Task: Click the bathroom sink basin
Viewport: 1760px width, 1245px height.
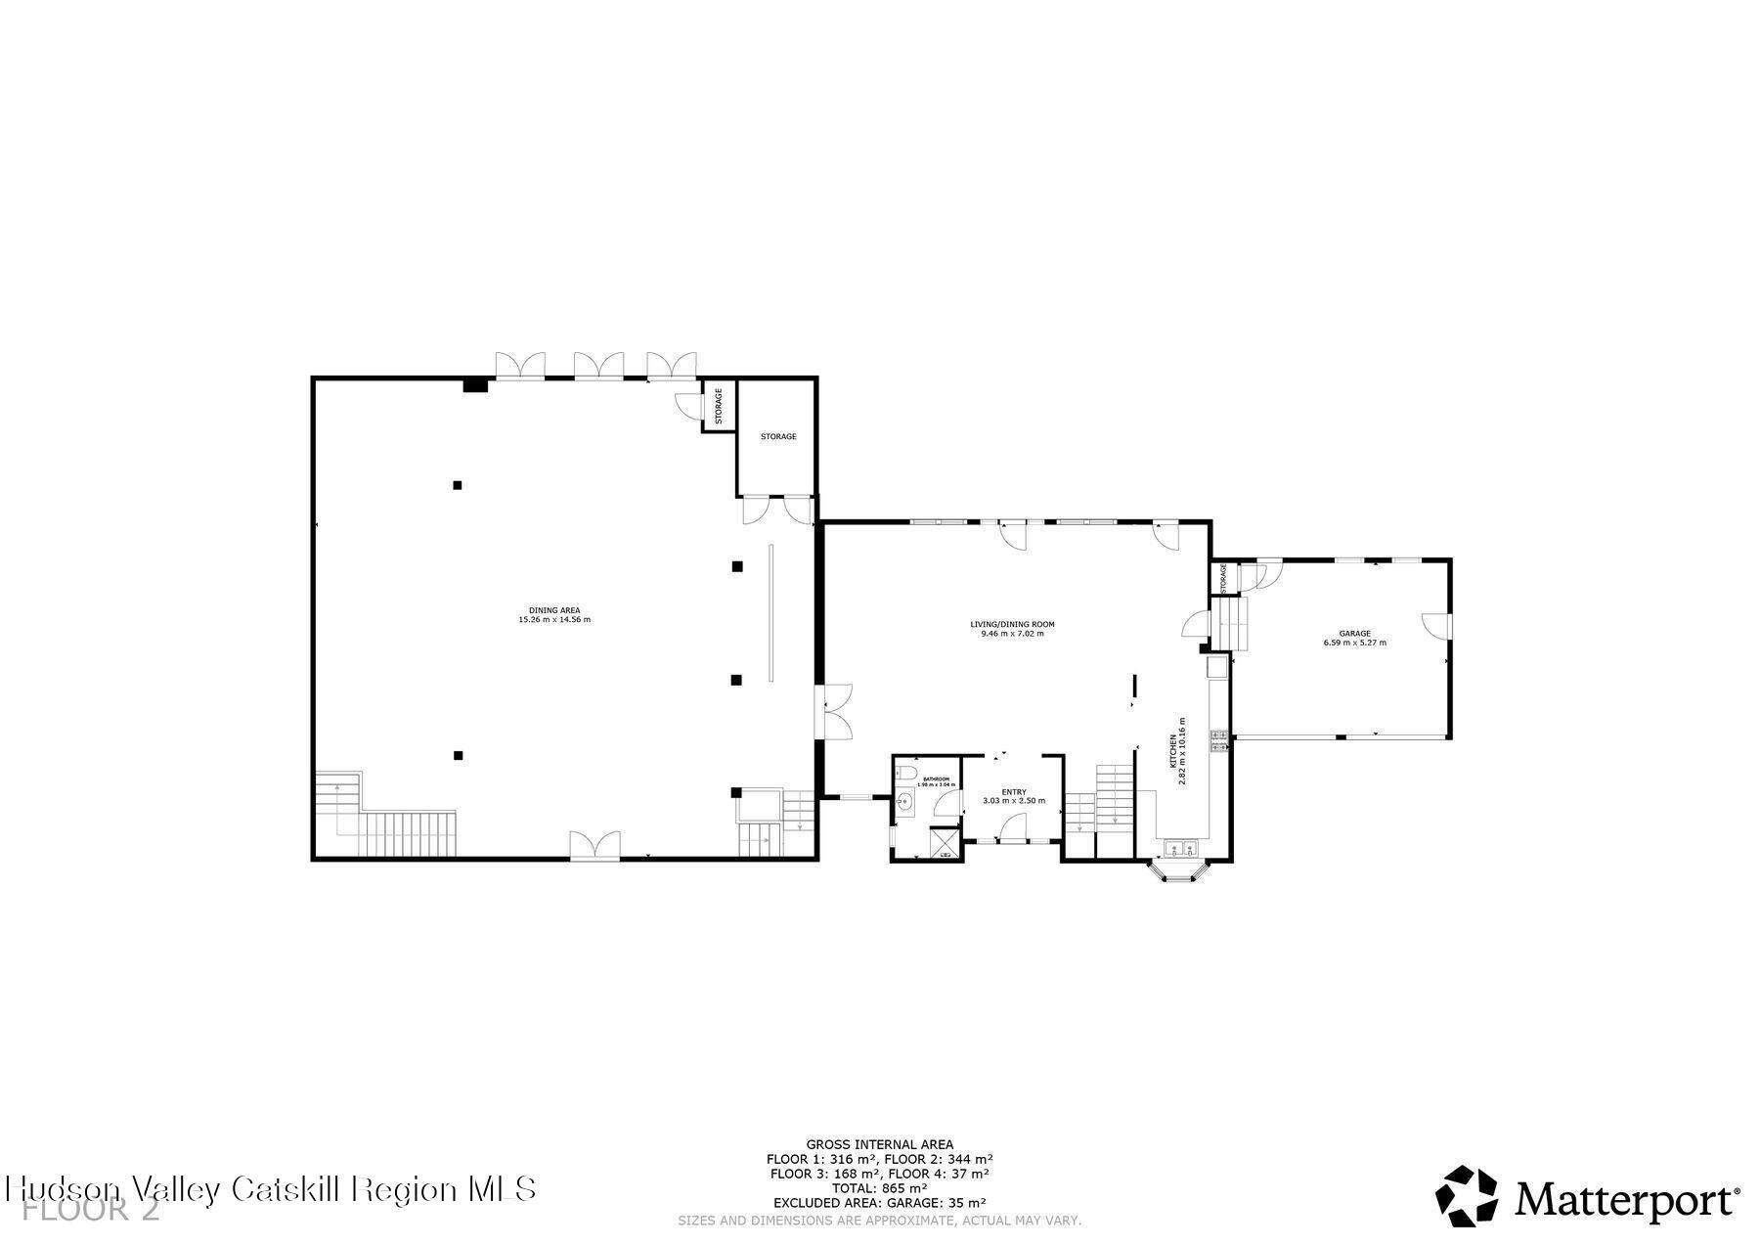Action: [x=904, y=803]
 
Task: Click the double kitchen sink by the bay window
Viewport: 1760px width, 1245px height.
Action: [x=1179, y=847]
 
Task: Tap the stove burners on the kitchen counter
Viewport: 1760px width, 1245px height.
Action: [x=1218, y=740]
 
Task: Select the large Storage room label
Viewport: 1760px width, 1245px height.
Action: [x=778, y=436]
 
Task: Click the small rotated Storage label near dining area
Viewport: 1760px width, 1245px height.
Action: [x=719, y=405]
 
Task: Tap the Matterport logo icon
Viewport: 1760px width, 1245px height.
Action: [x=1467, y=1195]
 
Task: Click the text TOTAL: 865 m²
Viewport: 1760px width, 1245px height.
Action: [x=879, y=1188]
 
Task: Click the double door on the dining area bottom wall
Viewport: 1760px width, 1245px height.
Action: [x=594, y=845]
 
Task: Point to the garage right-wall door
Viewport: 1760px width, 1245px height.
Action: [x=1437, y=626]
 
